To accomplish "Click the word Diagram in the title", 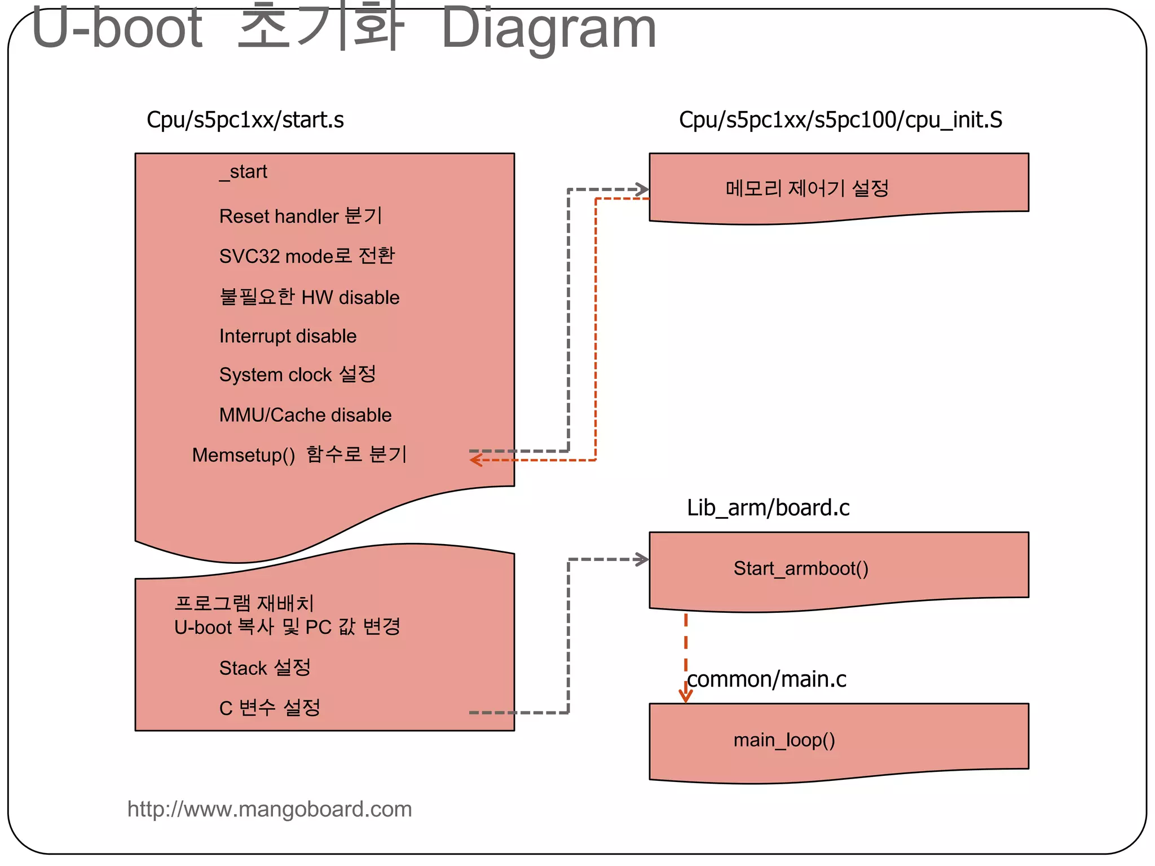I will [548, 28].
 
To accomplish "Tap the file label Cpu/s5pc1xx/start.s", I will [245, 120].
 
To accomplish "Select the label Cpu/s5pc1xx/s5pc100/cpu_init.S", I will [840, 120].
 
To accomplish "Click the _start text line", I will [243, 172].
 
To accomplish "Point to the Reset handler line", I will [300, 216].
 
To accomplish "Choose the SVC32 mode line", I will [307, 256].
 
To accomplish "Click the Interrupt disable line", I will [288, 337].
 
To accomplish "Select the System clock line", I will [297, 375].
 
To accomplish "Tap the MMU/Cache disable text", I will [305, 416].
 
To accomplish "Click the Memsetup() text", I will [243, 455].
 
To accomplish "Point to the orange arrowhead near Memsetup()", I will [475, 461].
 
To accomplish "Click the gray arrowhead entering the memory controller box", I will [642, 189].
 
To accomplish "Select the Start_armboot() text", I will [801, 568].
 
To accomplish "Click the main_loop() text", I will [784, 740].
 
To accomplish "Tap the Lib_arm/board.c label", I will [768, 508].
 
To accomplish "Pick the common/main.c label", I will [766, 679].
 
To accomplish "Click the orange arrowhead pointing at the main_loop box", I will [686, 697].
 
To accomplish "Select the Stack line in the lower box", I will [264, 668].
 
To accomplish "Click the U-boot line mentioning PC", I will [287, 628].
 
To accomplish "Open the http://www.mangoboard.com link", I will [270, 810].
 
